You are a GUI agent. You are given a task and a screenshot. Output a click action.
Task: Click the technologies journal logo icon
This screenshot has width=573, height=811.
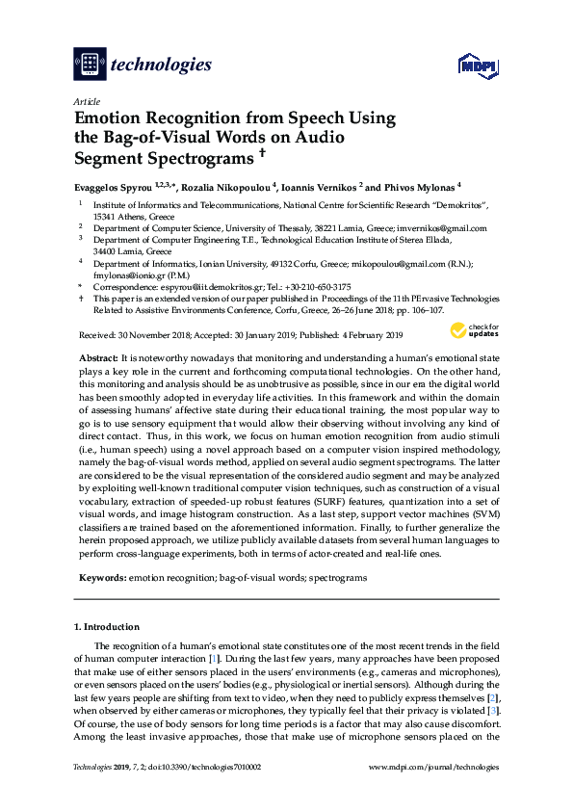[90, 65]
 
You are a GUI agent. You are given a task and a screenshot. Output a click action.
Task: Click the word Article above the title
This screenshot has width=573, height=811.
[86, 100]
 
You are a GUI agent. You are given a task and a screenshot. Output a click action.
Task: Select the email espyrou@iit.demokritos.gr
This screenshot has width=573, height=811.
[204, 286]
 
